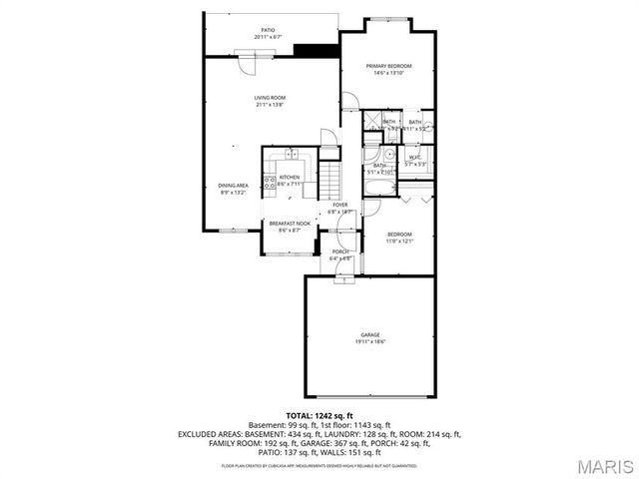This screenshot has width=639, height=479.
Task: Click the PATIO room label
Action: tap(268, 31)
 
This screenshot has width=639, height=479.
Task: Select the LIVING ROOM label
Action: tap(270, 97)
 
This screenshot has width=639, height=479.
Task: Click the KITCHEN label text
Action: tap(290, 177)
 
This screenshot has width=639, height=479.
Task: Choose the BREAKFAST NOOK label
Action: tap(283, 224)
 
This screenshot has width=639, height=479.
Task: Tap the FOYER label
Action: tap(340, 205)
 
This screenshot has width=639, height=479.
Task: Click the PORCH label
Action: tap(340, 251)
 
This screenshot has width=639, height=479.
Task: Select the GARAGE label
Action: tap(370, 334)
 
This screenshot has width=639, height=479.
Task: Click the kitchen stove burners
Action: tap(270, 182)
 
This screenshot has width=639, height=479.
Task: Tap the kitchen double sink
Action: tap(291, 154)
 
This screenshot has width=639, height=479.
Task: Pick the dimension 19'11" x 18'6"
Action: tap(369, 341)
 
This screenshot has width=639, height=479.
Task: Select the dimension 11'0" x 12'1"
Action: tap(399, 239)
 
